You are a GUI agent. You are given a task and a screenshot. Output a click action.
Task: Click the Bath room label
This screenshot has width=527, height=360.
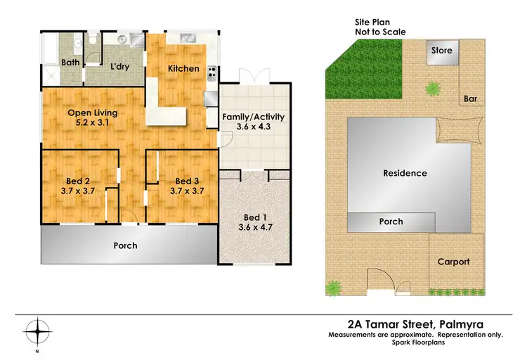72,63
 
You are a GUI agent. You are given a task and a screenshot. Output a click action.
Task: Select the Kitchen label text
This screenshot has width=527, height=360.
183,69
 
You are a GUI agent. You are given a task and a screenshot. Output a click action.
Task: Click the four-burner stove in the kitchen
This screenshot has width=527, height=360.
212,72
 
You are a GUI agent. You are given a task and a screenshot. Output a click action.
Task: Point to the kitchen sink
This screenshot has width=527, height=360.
188,38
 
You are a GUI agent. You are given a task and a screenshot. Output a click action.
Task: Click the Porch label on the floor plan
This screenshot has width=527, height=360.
125,246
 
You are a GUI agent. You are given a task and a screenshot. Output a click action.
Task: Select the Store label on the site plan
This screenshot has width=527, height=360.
441,51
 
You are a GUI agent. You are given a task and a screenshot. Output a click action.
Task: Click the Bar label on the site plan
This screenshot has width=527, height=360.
471,100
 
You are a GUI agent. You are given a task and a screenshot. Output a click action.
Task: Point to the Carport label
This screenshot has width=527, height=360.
453,262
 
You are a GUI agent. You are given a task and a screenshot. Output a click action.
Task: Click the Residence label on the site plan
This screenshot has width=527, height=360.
405,173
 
